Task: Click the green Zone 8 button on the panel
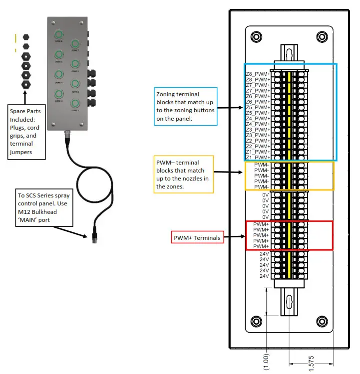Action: tap(59, 34)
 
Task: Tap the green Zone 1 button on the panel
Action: tap(75, 104)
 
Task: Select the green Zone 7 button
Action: tap(75, 44)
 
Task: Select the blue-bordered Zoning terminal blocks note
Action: tap(185, 106)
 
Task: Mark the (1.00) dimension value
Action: tap(266, 361)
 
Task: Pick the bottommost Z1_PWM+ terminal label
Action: tap(258, 158)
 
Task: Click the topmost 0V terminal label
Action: tap(265, 195)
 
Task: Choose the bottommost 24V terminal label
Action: tap(264, 276)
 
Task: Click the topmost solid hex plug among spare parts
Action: tap(25, 37)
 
